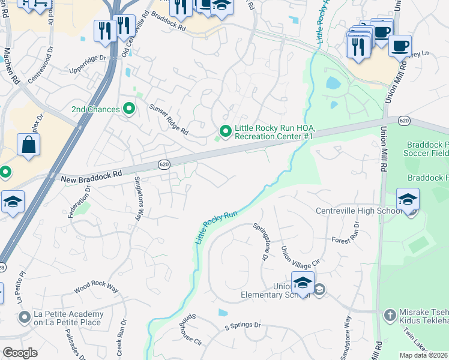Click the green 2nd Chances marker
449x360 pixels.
[128, 109]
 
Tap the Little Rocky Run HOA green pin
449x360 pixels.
[225, 130]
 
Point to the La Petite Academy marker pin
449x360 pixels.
[25, 316]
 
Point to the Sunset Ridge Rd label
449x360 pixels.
[168, 119]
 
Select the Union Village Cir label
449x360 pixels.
[301, 259]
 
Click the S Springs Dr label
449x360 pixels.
[243, 326]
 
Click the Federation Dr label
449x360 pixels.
[80, 202]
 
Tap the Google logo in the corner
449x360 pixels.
[20, 352]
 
